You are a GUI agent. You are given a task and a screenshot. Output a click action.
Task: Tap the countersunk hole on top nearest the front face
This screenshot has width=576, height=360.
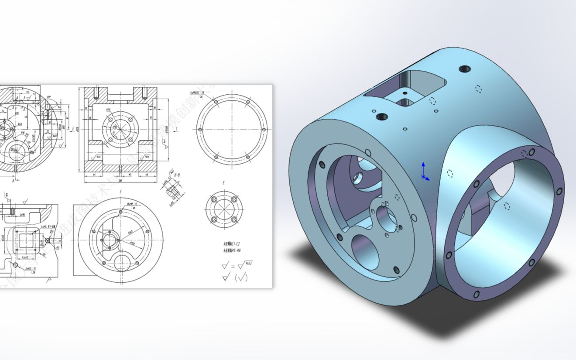tap(382, 117)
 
